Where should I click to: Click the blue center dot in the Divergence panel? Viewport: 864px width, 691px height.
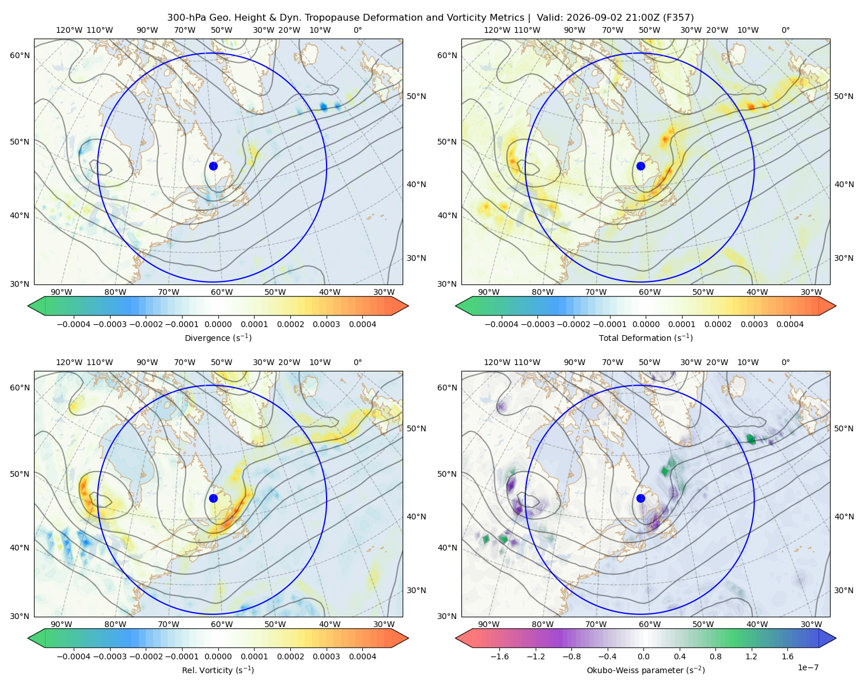click(213, 166)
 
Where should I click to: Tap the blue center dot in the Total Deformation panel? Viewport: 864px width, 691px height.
click(641, 166)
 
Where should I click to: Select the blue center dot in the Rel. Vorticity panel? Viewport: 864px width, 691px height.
click(213, 498)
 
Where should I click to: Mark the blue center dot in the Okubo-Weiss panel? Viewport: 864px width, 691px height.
click(641, 498)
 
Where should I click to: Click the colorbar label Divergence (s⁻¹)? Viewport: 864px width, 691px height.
click(218, 337)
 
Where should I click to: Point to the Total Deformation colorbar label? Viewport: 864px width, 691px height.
click(646, 337)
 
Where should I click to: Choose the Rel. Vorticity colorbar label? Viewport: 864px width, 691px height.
click(218, 670)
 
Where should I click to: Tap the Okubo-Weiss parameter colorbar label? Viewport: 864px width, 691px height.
click(646, 670)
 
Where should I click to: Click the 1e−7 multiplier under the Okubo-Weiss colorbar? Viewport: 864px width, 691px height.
click(808, 667)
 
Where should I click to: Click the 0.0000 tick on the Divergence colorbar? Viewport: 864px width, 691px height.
click(218, 324)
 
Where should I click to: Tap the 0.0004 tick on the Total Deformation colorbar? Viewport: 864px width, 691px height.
click(790, 324)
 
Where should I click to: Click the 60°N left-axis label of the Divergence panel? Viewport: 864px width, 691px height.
click(20, 55)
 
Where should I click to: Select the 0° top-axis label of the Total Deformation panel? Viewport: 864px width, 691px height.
click(786, 30)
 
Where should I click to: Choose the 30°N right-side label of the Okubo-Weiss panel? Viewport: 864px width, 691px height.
click(844, 590)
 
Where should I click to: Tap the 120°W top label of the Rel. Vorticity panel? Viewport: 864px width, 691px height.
click(69, 362)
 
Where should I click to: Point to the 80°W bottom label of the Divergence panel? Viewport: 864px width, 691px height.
click(115, 292)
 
